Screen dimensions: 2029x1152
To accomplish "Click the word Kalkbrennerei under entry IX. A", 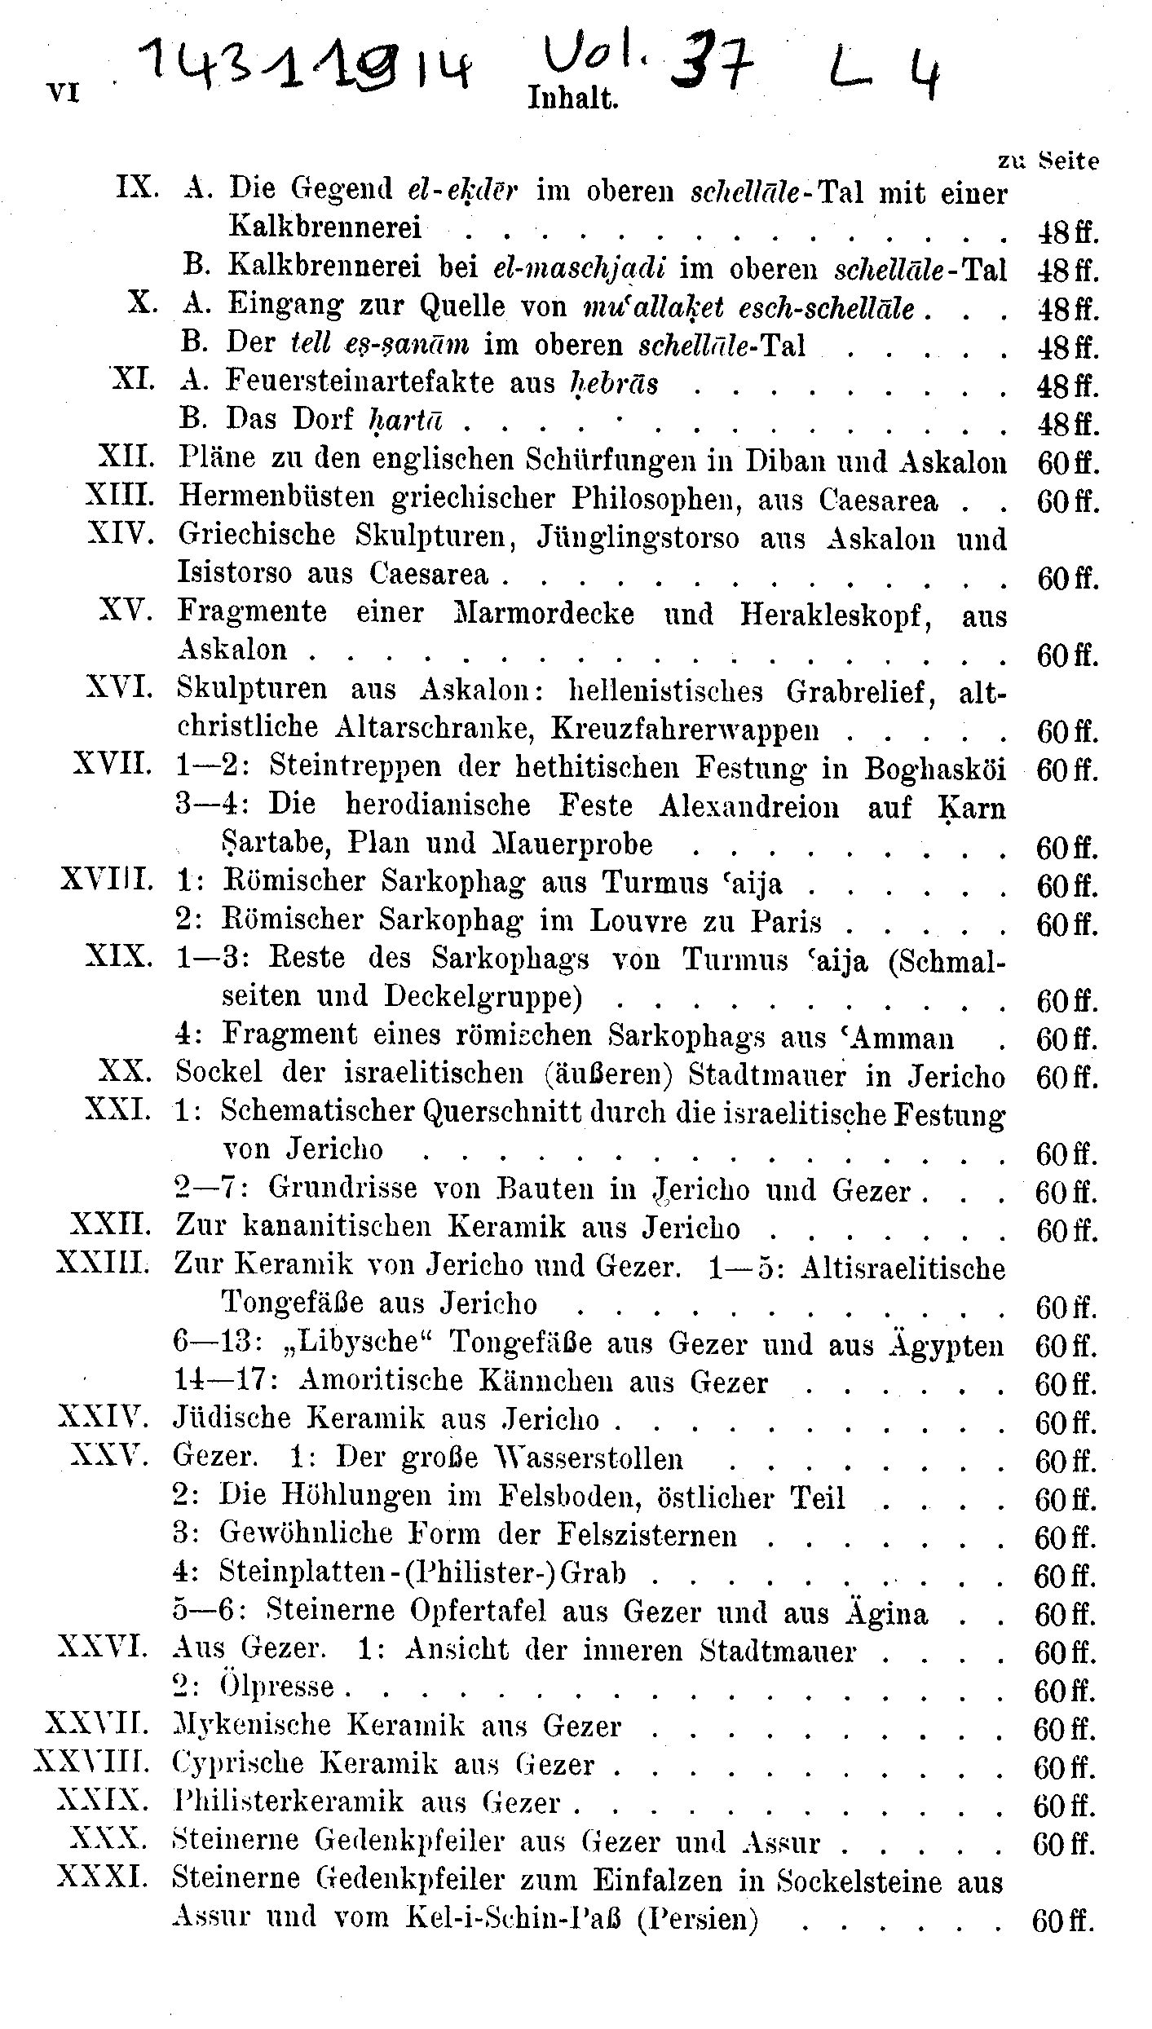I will pos(326,227).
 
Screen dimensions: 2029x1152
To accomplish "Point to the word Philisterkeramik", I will pos(289,1803).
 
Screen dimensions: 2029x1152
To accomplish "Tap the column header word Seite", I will pos(1069,161).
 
